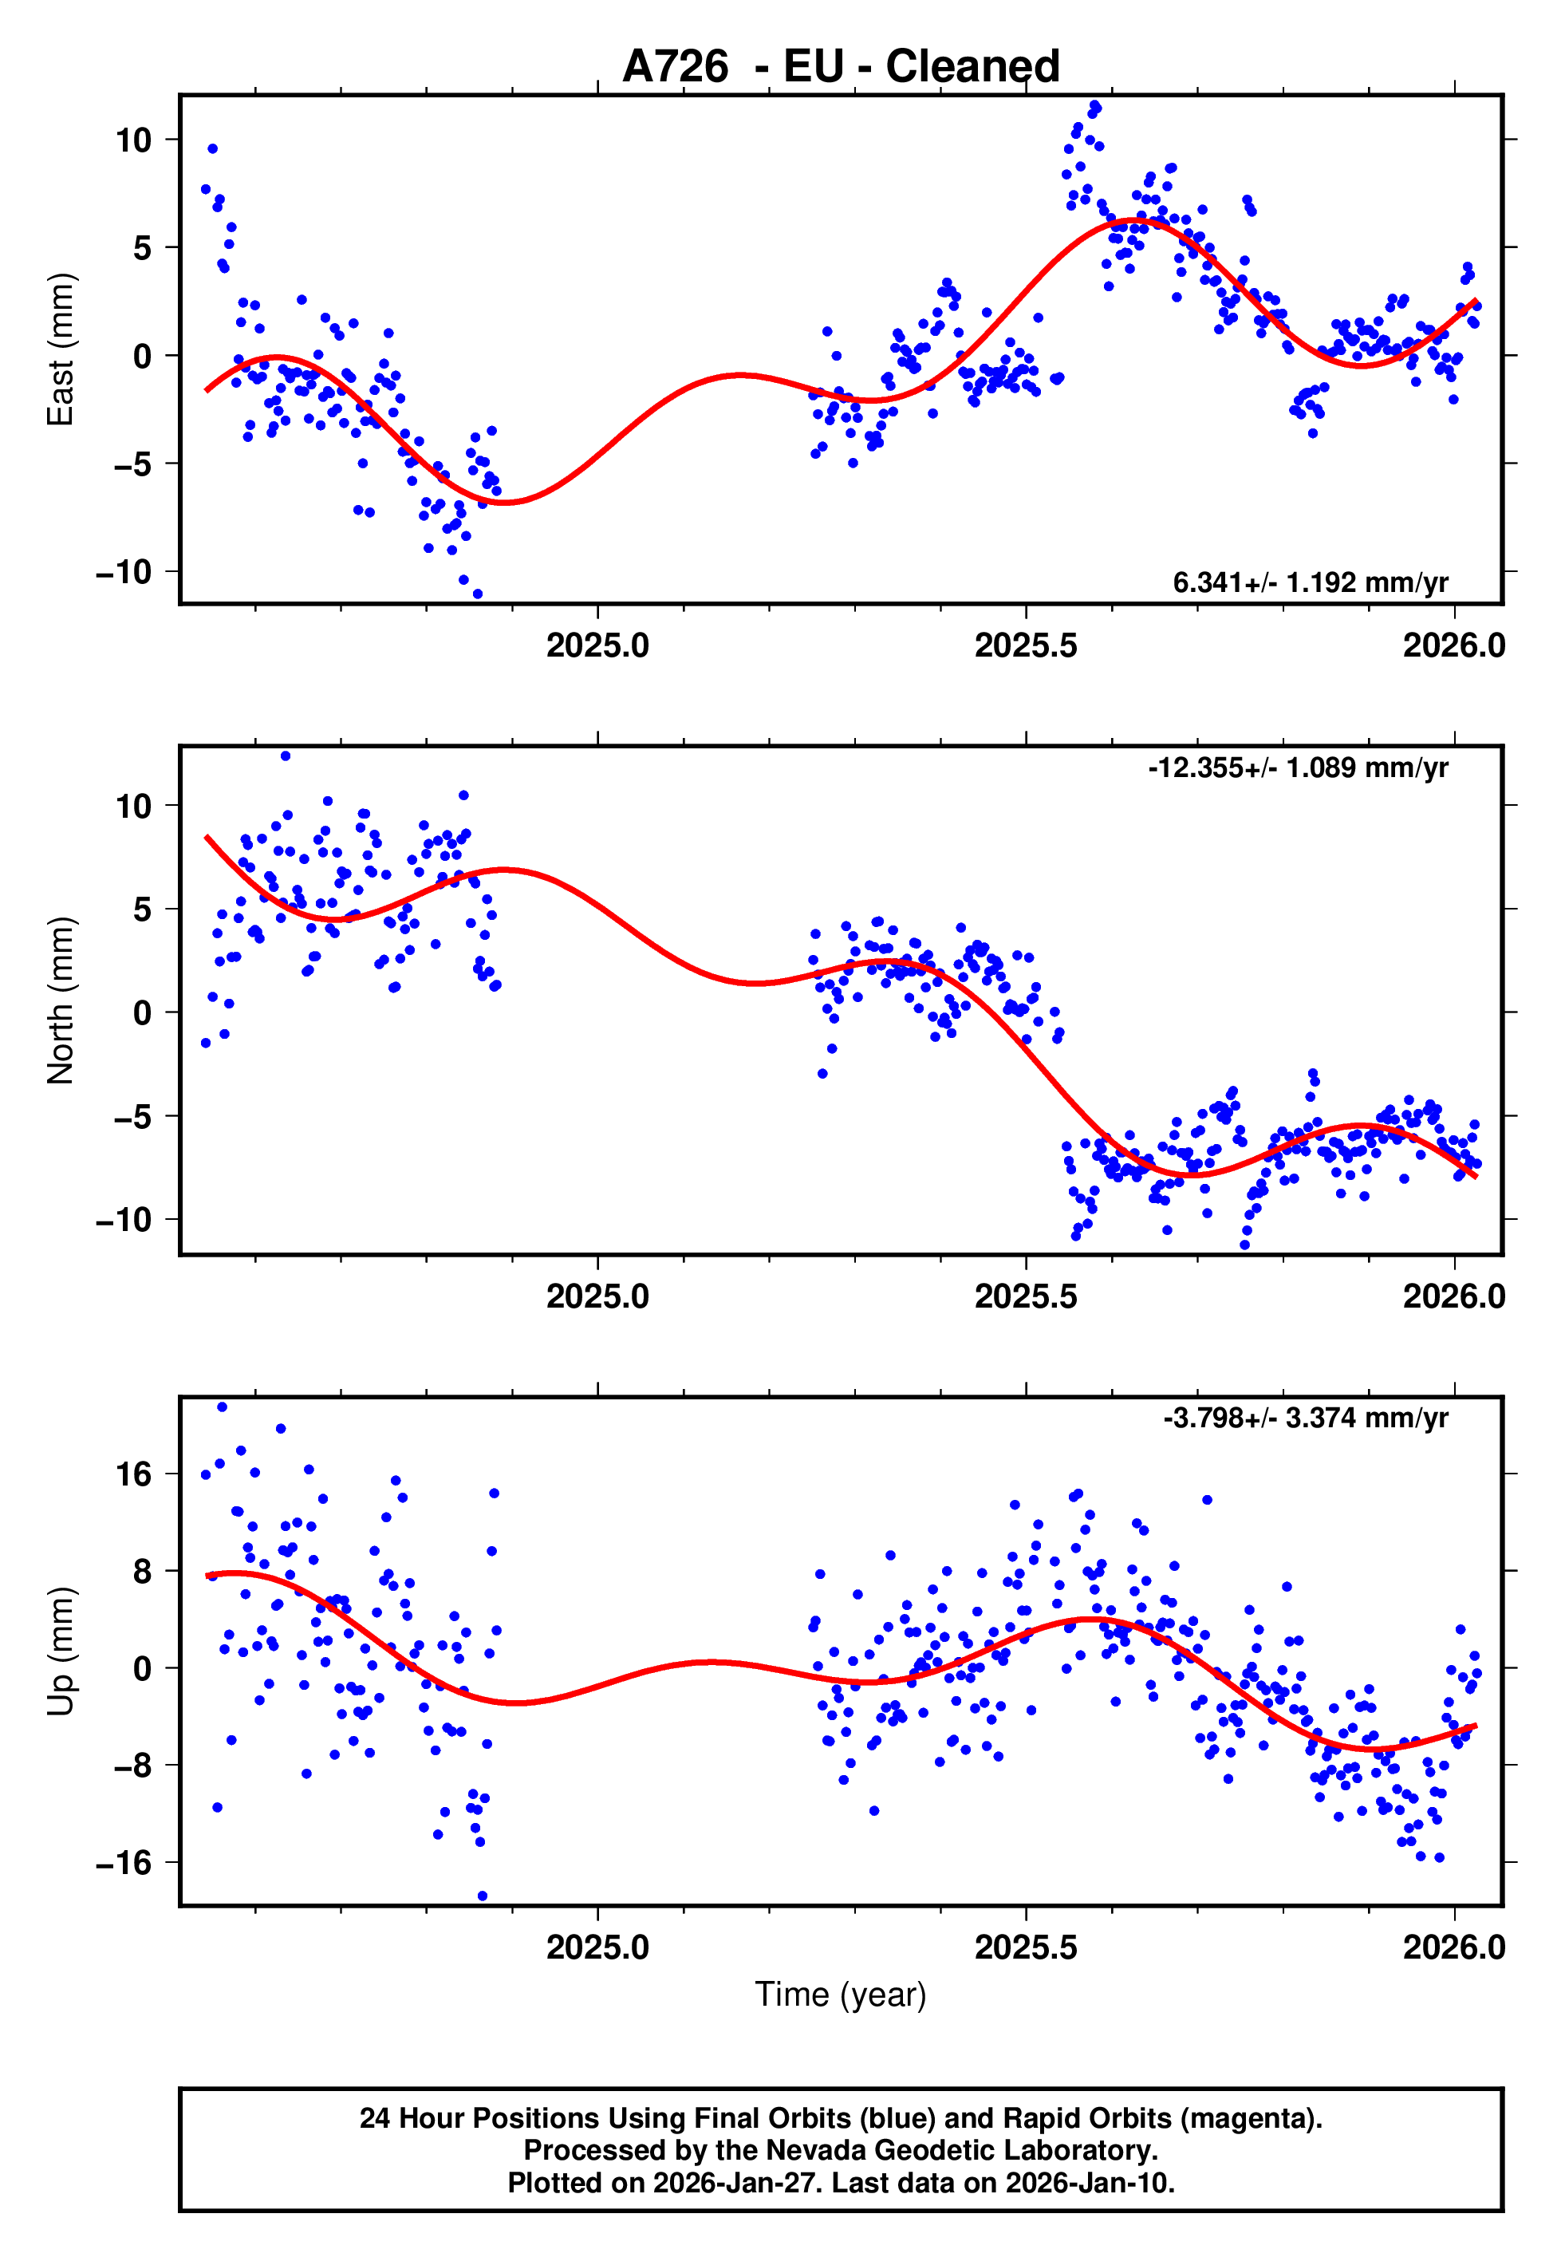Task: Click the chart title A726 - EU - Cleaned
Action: [841, 67]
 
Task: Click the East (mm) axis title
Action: [61, 349]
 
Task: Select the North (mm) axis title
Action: [61, 1000]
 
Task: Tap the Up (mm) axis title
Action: [61, 1651]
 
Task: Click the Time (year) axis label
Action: [841, 1995]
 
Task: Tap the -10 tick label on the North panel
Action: [124, 1220]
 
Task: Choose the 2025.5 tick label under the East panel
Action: [1026, 645]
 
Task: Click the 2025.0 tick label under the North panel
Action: [597, 1296]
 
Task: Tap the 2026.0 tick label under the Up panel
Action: [1453, 1947]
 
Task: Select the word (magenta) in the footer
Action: [1250, 2118]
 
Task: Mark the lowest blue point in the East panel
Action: [478, 594]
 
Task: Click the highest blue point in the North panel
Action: [286, 756]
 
